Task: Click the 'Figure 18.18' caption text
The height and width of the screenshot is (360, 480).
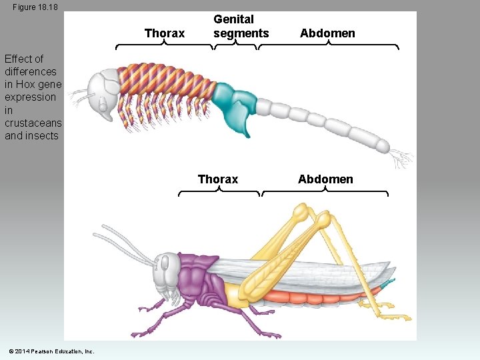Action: tap(35, 7)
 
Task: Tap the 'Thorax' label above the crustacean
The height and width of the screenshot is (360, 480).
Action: tap(165, 33)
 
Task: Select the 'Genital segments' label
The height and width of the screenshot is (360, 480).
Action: tap(241, 27)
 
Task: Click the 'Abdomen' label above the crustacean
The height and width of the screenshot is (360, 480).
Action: tap(327, 33)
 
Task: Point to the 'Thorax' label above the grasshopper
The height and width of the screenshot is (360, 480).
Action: tap(218, 179)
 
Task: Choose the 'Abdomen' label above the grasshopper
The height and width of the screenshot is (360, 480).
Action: tap(325, 179)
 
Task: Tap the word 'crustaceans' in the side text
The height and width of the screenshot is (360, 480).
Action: tap(33, 123)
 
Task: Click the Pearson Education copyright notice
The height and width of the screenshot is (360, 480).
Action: tap(51, 351)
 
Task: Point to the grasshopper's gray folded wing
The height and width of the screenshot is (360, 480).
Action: tap(333, 273)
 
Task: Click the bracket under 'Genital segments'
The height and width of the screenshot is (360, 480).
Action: tap(235, 47)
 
